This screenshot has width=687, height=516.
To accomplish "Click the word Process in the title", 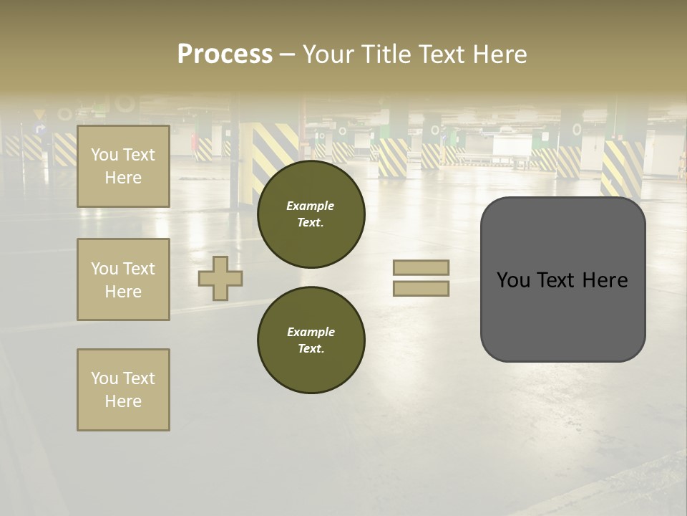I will point(225,54).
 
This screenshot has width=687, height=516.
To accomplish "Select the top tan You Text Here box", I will point(123,166).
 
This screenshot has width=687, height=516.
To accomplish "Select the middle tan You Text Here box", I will point(123,279).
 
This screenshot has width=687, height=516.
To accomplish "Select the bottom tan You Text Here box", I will point(123,390).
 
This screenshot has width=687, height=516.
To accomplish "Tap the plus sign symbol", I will point(220,278).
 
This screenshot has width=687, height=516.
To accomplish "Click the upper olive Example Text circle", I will point(311,214).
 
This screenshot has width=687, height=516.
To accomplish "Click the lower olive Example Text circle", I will point(311,340).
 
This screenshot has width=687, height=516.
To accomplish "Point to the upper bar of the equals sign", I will point(421,267).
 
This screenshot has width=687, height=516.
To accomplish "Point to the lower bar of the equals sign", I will point(421,288).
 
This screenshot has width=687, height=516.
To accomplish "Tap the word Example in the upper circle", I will point(310,206).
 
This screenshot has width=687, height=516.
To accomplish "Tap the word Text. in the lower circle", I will point(311,348).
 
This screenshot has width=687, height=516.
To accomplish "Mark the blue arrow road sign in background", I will point(40,130).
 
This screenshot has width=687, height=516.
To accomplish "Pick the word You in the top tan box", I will point(104,155).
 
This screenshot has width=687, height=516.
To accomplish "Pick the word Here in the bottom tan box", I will point(123,401).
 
